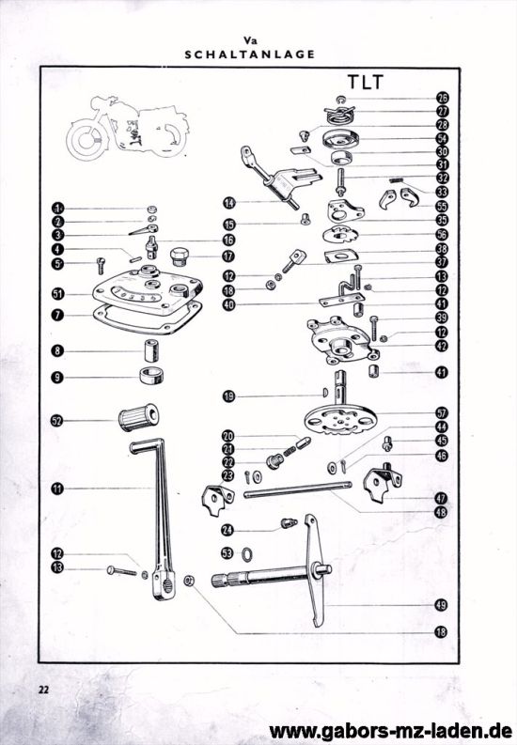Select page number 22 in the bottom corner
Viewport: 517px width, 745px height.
43,689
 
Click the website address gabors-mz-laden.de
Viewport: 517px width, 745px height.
390,730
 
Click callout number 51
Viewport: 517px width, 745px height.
57,293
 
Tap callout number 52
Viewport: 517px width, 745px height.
57,421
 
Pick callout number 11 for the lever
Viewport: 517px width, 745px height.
57,489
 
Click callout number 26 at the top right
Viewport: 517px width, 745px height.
442,97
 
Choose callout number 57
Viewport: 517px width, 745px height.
442,412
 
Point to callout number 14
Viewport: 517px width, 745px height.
228,202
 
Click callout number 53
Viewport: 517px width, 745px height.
228,554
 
